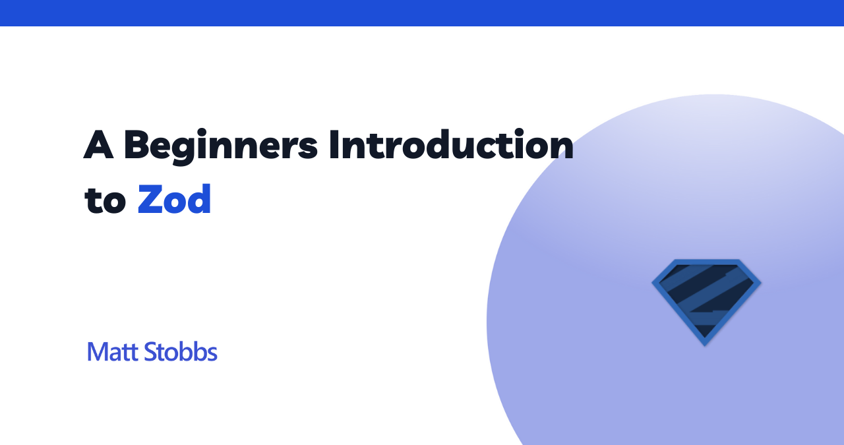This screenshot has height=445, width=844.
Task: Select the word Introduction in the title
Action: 452,144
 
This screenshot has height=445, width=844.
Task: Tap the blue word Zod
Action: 174,199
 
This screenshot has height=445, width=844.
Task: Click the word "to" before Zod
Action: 105,201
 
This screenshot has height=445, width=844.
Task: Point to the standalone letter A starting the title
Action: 98,144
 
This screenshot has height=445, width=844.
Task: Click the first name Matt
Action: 112,352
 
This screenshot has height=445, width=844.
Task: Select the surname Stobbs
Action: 181,351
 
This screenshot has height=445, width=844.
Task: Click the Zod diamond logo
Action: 706,302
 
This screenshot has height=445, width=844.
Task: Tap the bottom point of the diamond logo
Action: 705,345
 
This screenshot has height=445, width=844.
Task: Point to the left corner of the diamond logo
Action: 653,283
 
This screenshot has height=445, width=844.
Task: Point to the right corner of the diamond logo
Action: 760,283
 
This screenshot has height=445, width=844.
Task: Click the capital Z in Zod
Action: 152,199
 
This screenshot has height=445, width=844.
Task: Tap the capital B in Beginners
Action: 137,144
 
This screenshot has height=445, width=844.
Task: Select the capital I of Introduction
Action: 333,144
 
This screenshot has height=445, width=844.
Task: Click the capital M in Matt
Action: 98,352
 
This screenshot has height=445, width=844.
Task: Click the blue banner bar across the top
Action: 422,13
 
